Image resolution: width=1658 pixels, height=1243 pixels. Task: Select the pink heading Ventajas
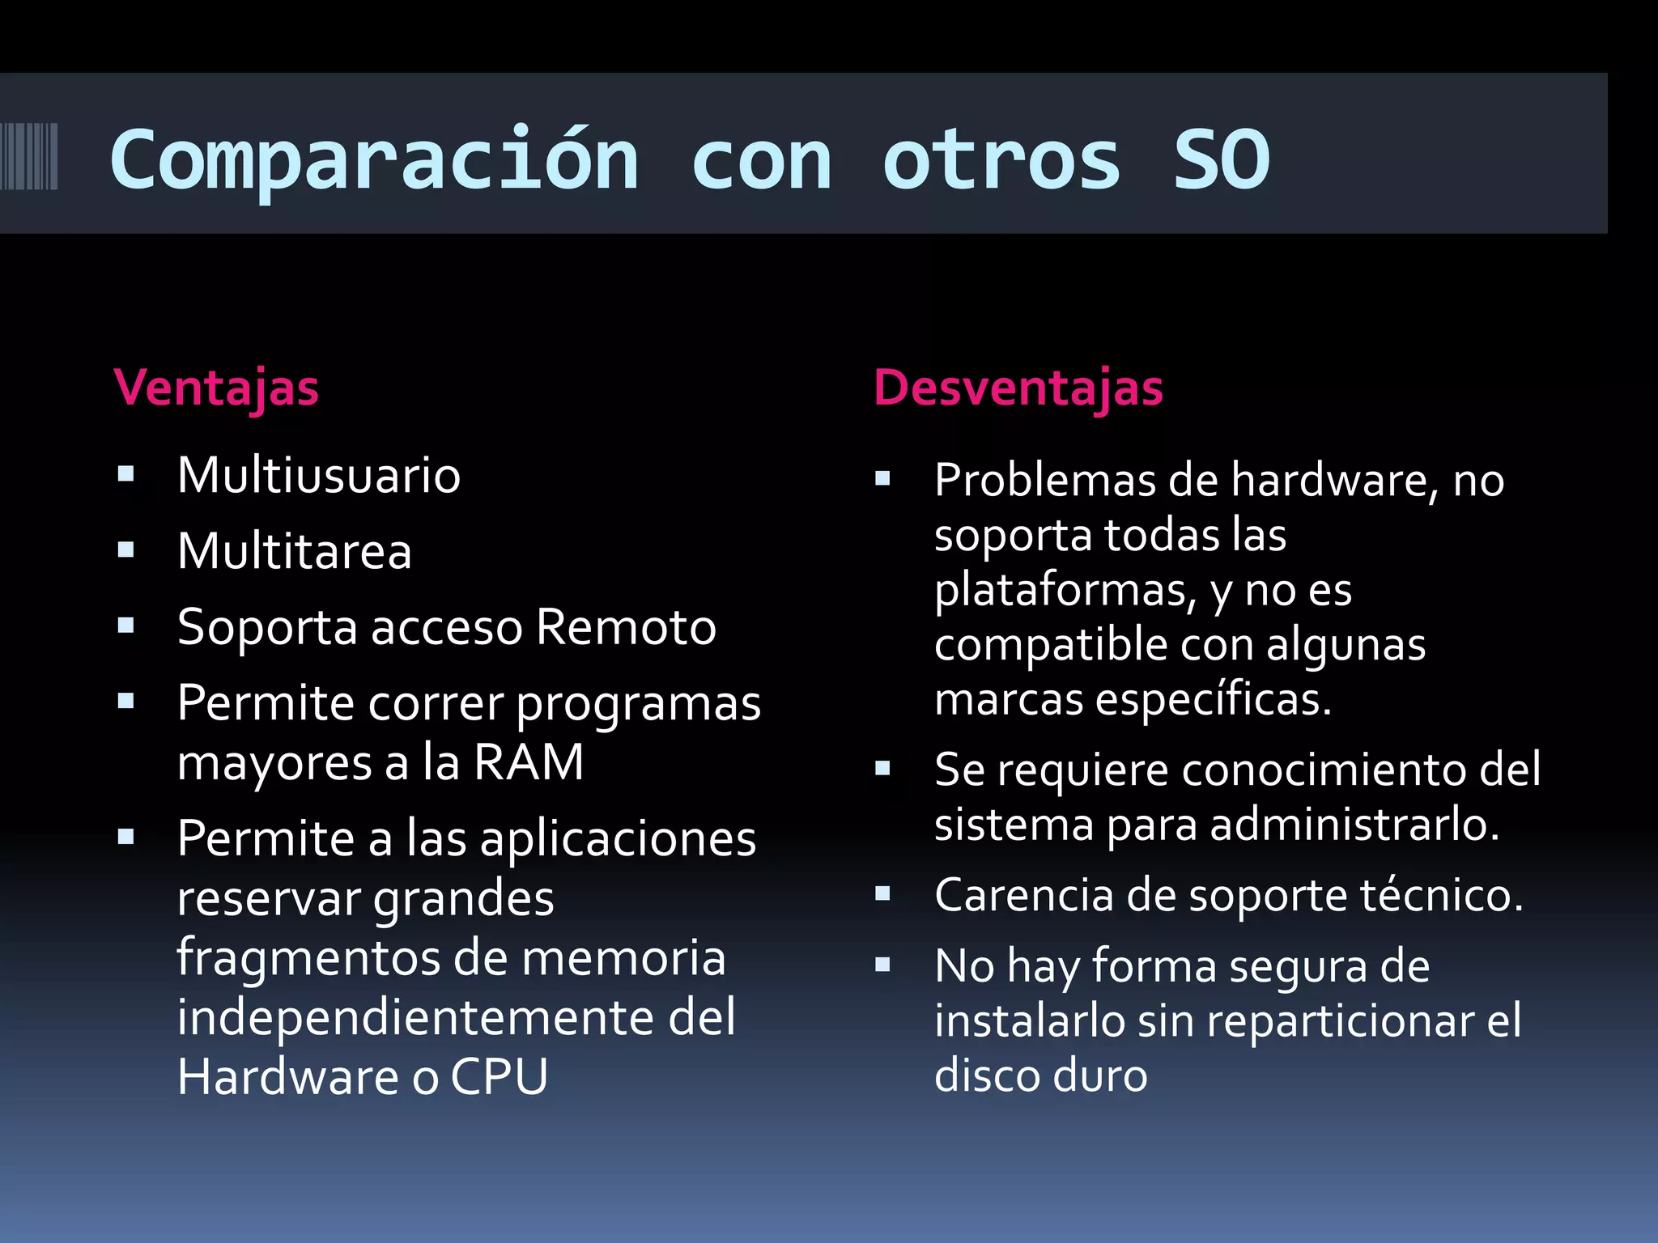click(216, 388)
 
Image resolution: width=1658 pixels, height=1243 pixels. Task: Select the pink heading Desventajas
click(1018, 388)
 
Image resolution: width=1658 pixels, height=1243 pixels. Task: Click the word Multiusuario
click(319, 475)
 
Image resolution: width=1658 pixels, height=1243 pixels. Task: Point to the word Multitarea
click(295, 551)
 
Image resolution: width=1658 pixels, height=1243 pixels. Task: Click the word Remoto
click(626, 627)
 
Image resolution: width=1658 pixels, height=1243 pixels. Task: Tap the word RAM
click(529, 762)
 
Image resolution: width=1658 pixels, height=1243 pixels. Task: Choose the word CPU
click(500, 1077)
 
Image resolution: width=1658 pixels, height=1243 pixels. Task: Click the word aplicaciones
click(619, 839)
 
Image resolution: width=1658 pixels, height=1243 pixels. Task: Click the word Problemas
click(1044, 481)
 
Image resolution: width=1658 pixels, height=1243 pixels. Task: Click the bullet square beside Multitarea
click(125, 551)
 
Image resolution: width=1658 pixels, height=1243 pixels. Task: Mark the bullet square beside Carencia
click(882, 894)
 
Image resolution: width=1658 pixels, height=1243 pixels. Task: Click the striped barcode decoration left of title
click(29, 156)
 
